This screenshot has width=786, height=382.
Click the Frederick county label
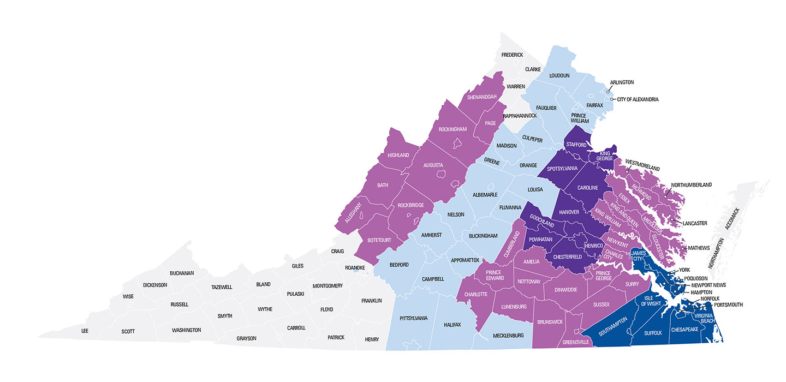[513, 55]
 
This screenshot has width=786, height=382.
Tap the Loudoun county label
[559, 76]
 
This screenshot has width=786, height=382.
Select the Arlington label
[622, 82]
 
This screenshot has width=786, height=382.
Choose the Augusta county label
[432, 165]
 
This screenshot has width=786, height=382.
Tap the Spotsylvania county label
[562, 169]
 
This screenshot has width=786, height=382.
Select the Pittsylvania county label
[413, 318]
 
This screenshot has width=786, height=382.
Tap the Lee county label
[85, 331]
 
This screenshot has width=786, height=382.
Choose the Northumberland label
[691, 185]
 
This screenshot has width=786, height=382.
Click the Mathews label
[699, 248]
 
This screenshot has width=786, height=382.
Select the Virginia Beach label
[704, 318]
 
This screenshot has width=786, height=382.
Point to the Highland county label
[398, 155]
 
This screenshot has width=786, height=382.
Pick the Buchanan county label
[182, 273]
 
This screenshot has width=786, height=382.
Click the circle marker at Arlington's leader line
[608, 92]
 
